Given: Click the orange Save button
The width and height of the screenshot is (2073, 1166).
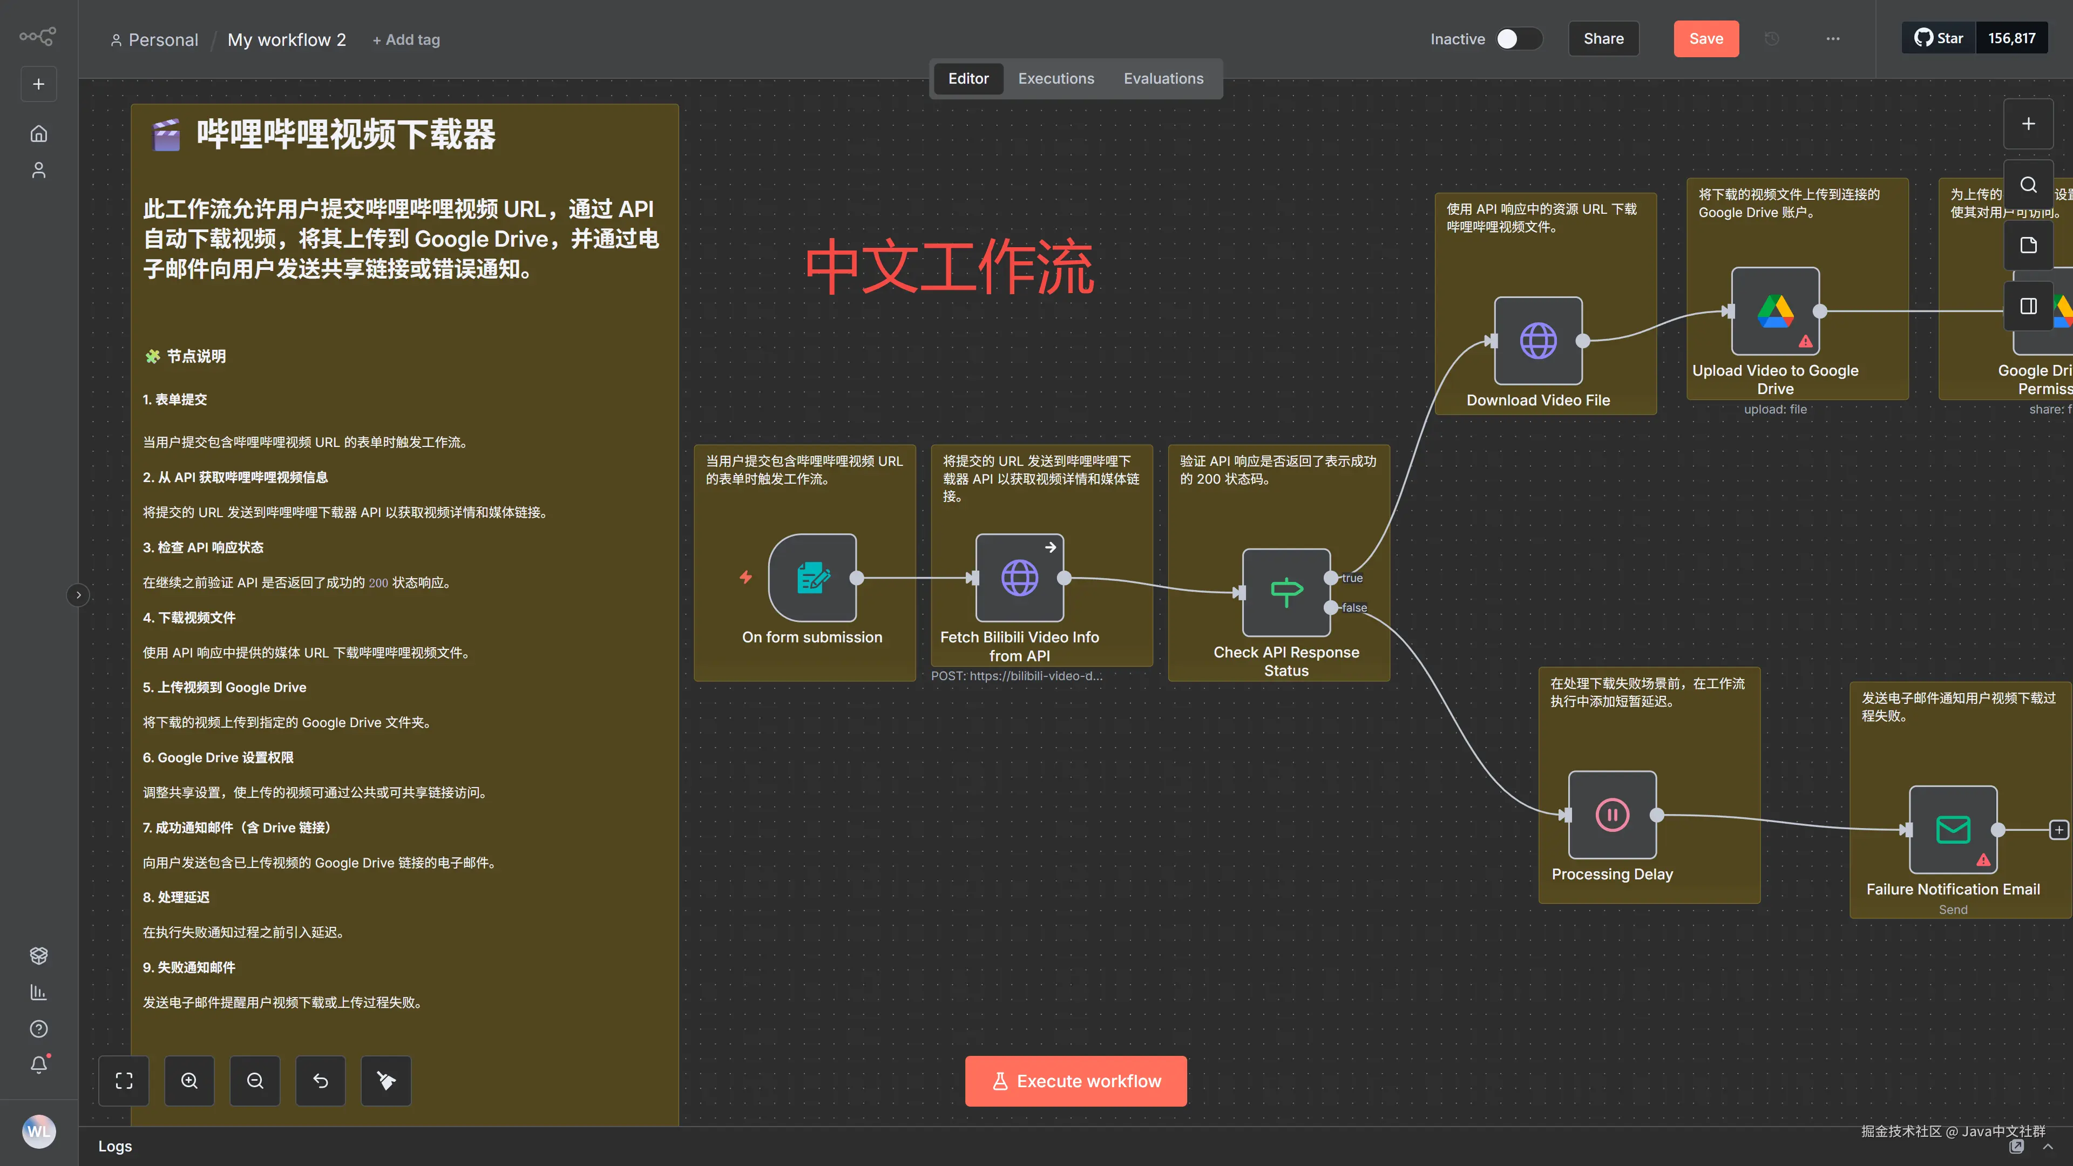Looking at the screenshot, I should (1705, 39).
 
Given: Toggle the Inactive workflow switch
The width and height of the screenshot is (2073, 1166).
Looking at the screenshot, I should (1518, 39).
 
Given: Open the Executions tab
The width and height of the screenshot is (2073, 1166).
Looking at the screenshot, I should (1056, 79).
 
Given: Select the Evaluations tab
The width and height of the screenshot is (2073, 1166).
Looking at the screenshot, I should (1163, 79).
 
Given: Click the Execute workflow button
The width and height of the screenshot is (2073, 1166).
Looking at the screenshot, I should (1075, 1081).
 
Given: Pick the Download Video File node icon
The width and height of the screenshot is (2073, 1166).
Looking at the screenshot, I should (1538, 341).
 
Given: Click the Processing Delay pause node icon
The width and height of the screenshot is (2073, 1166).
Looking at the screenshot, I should (1612, 815).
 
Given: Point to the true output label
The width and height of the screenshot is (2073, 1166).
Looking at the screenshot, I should (1352, 578).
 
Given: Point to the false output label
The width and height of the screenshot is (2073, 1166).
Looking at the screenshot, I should (1354, 607).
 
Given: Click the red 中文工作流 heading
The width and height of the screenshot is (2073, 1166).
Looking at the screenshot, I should (949, 266).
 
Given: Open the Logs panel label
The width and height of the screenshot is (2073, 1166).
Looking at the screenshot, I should (115, 1146).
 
